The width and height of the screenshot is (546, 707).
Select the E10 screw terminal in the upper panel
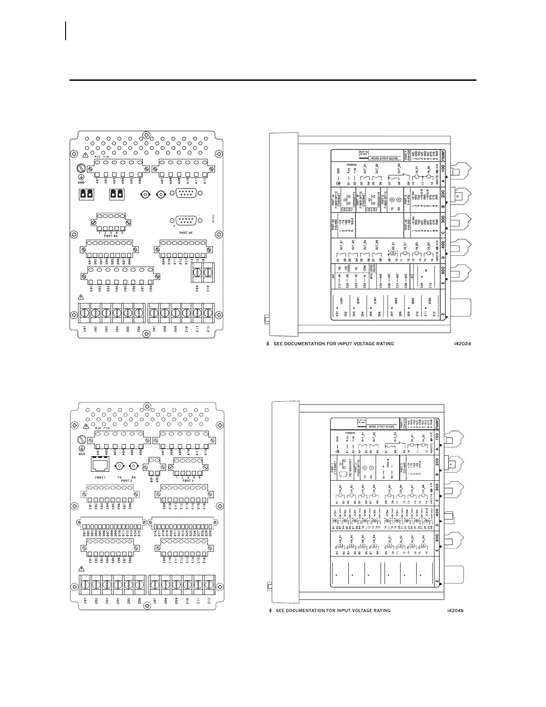coord(208,271)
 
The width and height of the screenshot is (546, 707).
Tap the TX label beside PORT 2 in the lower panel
coord(119,477)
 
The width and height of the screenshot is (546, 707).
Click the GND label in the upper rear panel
coord(81,182)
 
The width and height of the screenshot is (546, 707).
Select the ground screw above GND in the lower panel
coord(82,439)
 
